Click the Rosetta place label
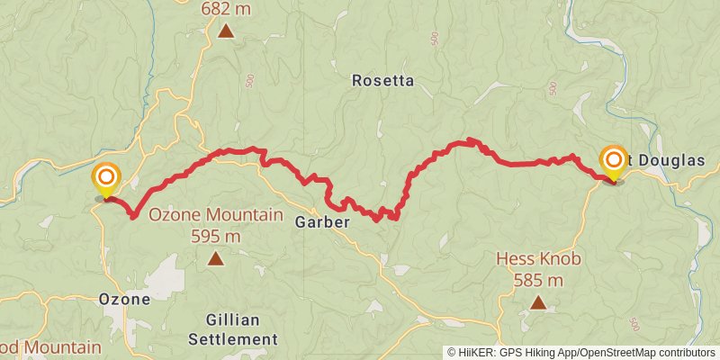[x=382, y=81]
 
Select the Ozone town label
[x=123, y=299]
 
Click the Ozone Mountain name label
[x=216, y=216]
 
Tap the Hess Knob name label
[x=538, y=259]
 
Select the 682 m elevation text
[x=226, y=8]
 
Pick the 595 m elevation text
[x=216, y=237]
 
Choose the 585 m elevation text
[x=538, y=280]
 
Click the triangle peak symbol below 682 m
[x=226, y=31]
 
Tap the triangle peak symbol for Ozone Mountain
[x=216, y=259]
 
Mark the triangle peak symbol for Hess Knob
[x=538, y=302]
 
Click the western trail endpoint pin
[x=106, y=177]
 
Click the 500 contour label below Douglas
[x=635, y=324]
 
